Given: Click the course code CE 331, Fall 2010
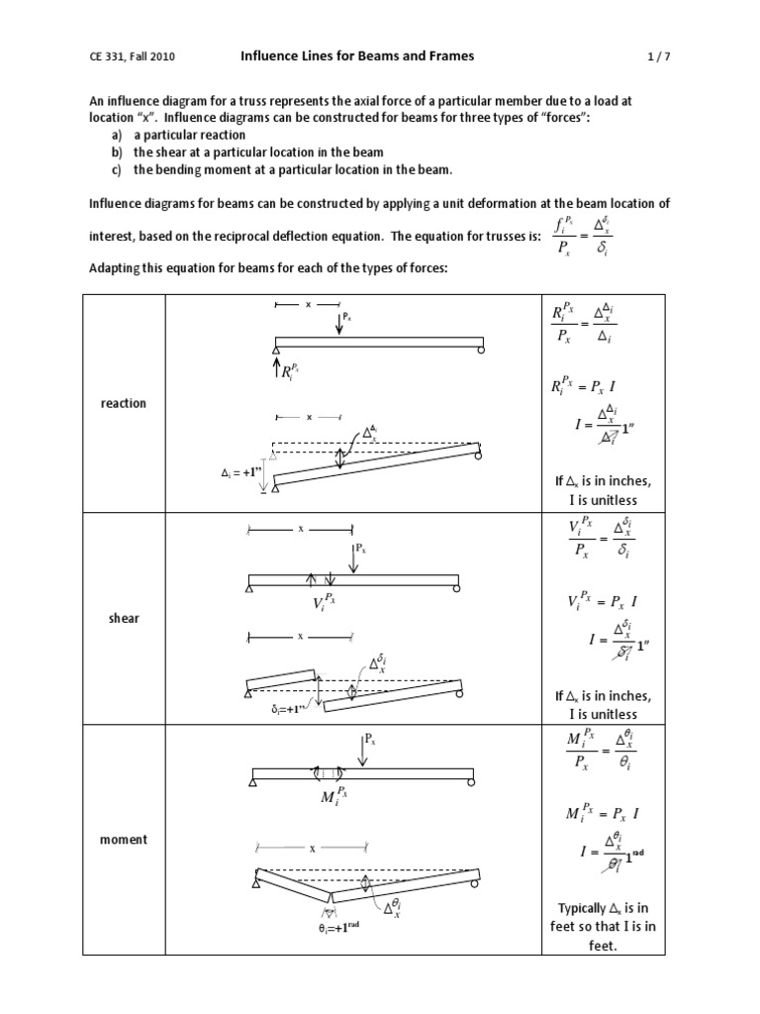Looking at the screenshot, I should [x=134, y=57].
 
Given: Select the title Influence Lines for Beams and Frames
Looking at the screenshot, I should [x=357, y=56].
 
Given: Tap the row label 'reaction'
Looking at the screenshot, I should [x=124, y=403].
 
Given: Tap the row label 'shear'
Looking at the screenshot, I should [x=124, y=618].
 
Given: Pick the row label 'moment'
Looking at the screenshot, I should [x=124, y=839].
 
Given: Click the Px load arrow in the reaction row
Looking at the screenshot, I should [x=339, y=325].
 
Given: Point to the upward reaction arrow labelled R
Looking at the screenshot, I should [x=275, y=370].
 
